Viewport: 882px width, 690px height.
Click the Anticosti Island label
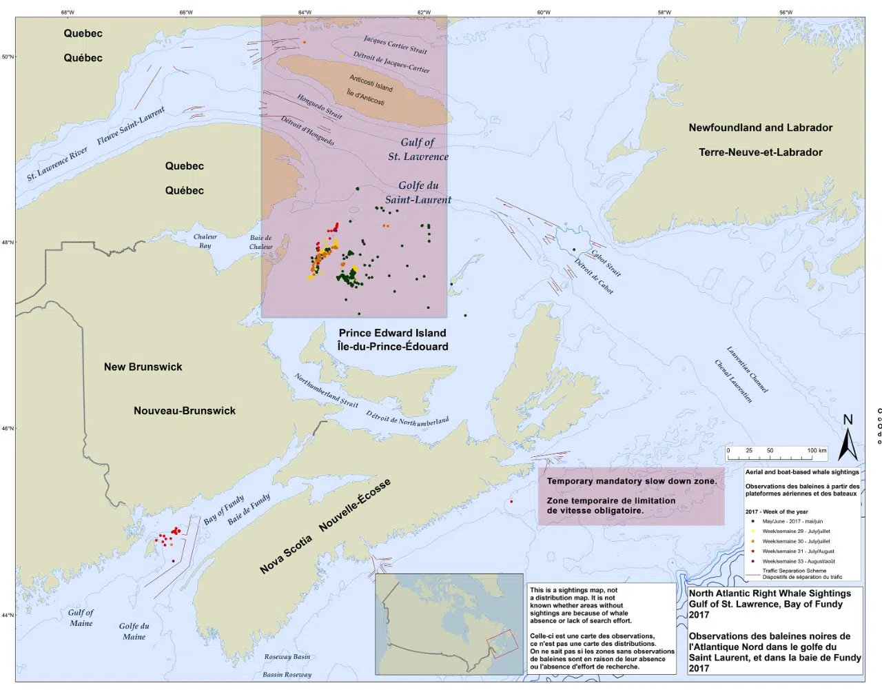point(371,83)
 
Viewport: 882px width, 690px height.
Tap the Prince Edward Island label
point(392,333)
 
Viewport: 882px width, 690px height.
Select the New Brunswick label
point(143,367)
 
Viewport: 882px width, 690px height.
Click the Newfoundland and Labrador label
point(760,128)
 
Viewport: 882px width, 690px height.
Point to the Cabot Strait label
point(606,263)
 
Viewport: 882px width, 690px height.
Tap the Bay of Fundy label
point(224,509)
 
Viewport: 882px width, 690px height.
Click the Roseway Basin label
point(287,657)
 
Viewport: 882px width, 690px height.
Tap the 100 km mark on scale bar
point(817,451)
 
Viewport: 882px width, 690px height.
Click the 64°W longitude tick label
point(305,12)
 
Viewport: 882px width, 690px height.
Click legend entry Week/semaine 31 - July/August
point(797,551)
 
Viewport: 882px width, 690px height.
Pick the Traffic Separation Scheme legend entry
point(794,571)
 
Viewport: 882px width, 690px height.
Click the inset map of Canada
point(449,624)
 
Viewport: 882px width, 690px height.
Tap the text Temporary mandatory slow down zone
point(631,481)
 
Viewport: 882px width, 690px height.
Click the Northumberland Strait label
point(326,390)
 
